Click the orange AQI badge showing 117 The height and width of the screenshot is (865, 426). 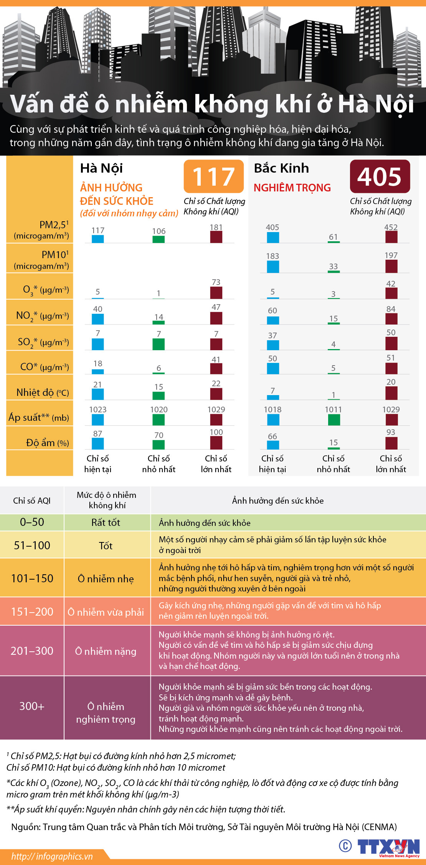pyautogui.click(x=213, y=176)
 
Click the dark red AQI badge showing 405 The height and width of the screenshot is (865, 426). pyautogui.click(x=380, y=176)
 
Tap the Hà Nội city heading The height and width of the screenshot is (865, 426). pyautogui.click(x=101, y=168)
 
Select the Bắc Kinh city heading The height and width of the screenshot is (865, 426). pyautogui.click(x=281, y=168)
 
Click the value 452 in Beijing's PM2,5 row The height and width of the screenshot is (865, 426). pyautogui.click(x=391, y=227)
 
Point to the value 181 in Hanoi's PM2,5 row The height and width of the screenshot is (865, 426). pyautogui.click(x=216, y=227)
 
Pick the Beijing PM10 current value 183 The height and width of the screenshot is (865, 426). pyautogui.click(x=272, y=256)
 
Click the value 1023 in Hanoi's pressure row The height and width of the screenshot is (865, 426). pyautogui.click(x=97, y=409)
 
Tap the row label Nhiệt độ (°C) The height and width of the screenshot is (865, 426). pyautogui.click(x=42, y=392)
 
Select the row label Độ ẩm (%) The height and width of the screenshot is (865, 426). pyautogui.click(x=47, y=443)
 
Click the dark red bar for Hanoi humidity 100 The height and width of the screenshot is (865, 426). pyautogui.click(x=216, y=443)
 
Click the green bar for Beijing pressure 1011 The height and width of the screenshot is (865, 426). pyautogui.click(x=334, y=420)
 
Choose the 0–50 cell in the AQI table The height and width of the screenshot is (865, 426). pyautogui.click(x=32, y=522)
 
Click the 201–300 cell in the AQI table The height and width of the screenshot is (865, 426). pyautogui.click(x=32, y=651)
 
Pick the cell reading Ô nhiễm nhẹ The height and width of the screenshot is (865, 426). pyautogui.click(x=106, y=578)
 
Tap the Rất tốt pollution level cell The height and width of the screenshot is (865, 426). pyautogui.click(x=106, y=522)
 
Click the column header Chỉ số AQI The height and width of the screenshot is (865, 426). pyautogui.click(x=32, y=501)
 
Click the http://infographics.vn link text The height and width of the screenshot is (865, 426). pyautogui.click(x=52, y=856)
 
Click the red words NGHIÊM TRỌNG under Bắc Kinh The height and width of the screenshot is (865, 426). pyautogui.click(x=292, y=188)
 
